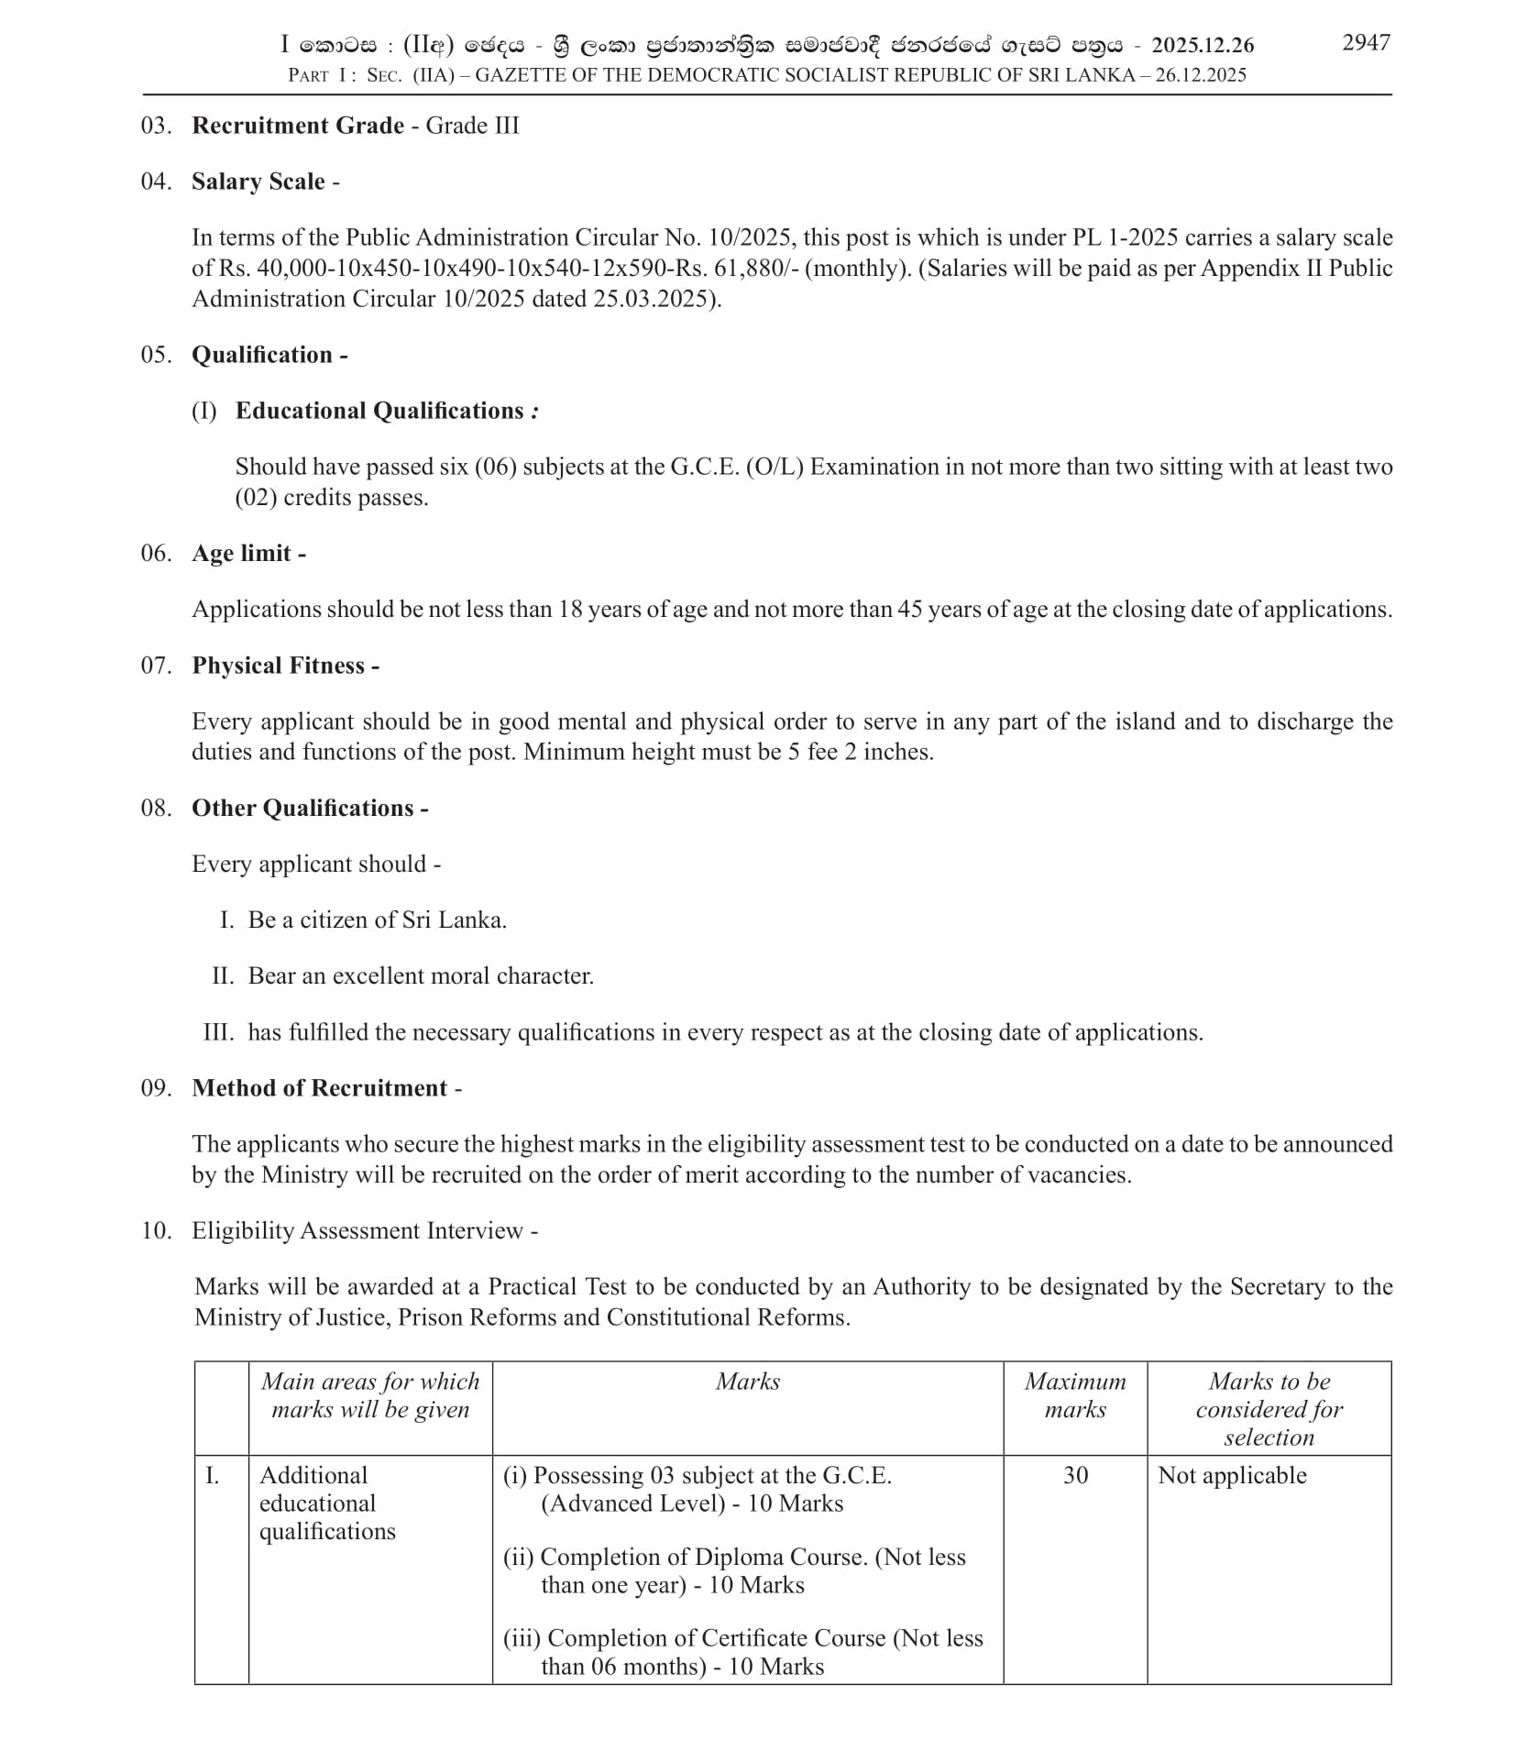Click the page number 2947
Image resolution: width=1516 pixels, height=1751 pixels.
(1365, 43)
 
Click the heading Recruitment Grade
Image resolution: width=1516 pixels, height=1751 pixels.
(297, 126)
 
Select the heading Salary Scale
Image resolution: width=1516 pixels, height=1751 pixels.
(258, 182)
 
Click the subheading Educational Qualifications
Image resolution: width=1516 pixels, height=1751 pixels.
(379, 411)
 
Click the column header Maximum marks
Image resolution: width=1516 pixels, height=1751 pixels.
(1074, 1394)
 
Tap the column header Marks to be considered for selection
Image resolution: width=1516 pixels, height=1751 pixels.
(1269, 1408)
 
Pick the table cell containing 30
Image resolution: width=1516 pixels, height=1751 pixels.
(1075, 1475)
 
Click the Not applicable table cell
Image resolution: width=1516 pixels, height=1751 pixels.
(1232, 1475)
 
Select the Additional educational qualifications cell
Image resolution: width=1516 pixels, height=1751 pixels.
(327, 1503)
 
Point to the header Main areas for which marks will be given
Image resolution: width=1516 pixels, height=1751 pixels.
(369, 1394)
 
